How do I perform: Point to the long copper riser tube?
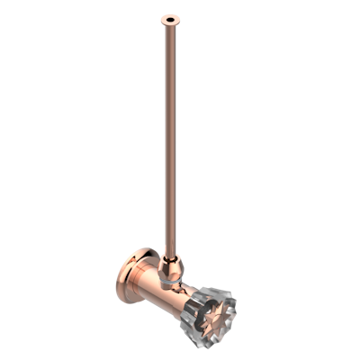point(170,135)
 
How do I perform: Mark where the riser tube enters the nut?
point(170,255)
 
